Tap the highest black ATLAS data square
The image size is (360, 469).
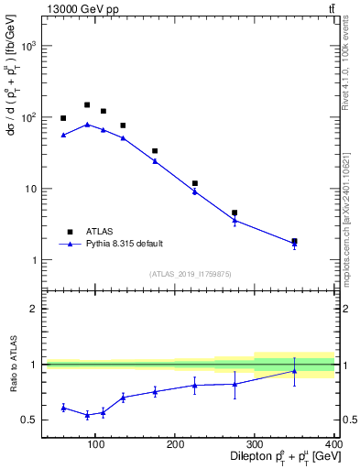click(x=87, y=105)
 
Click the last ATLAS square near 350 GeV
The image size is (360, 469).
click(x=294, y=242)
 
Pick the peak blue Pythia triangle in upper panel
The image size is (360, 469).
click(x=87, y=125)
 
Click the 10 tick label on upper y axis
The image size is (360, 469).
click(x=31, y=189)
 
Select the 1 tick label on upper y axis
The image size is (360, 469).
click(x=34, y=260)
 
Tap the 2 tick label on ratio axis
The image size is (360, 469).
click(x=34, y=309)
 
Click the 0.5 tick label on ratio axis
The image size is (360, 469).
click(x=30, y=420)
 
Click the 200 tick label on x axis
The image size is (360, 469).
click(x=175, y=444)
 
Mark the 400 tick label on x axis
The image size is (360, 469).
click(x=333, y=444)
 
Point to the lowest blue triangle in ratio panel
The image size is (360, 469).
click(x=87, y=415)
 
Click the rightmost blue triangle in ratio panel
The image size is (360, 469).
click(x=294, y=371)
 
